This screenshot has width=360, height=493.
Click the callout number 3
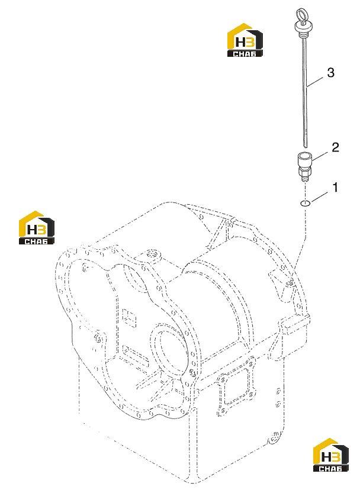pyautogui.click(x=330, y=73)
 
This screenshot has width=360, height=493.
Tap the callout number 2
pyautogui.click(x=336, y=147)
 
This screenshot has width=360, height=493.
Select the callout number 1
pyautogui.click(x=336, y=188)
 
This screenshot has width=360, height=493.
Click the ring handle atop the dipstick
pyautogui.click(x=301, y=15)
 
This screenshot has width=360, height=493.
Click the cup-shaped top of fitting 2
pyautogui.click(x=304, y=159)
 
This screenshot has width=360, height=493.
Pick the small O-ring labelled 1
pyautogui.click(x=305, y=204)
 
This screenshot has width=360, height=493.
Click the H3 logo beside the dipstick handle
pyautogui.click(x=245, y=40)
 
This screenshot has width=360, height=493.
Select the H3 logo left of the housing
pyautogui.click(x=37, y=227)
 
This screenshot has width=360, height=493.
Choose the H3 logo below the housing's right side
pyautogui.click(x=331, y=455)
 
